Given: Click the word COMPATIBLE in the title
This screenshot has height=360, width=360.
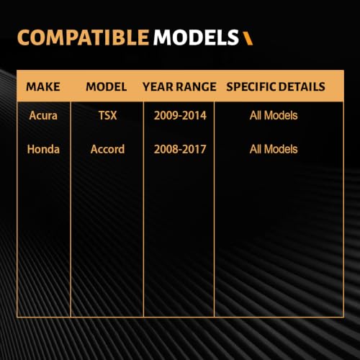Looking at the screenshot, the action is [83, 37].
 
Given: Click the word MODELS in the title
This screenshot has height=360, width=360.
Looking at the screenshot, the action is [196, 37].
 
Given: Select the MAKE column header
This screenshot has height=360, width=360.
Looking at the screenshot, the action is [43, 86].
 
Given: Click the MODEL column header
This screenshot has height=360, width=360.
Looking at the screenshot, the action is [107, 86].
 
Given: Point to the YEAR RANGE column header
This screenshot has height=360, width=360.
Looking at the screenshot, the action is [179, 86].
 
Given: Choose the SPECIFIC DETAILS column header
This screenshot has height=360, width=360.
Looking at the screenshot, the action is [276, 86].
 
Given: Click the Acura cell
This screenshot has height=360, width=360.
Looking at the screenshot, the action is [43, 115].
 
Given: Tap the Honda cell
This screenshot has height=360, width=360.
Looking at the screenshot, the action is [43, 149].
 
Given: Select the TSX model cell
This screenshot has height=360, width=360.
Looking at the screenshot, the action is [107, 115].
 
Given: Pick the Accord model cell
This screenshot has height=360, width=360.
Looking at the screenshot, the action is [107, 149].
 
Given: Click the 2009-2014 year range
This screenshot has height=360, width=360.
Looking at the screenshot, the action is [180, 115].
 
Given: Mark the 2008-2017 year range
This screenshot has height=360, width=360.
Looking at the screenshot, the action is [180, 149].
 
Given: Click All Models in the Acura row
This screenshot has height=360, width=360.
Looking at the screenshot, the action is [274, 115].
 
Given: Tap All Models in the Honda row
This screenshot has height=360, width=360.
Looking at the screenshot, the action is [274, 149].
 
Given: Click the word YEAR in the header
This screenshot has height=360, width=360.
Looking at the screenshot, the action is [158, 86].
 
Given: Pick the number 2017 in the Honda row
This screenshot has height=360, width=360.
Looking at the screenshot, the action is [194, 149].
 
